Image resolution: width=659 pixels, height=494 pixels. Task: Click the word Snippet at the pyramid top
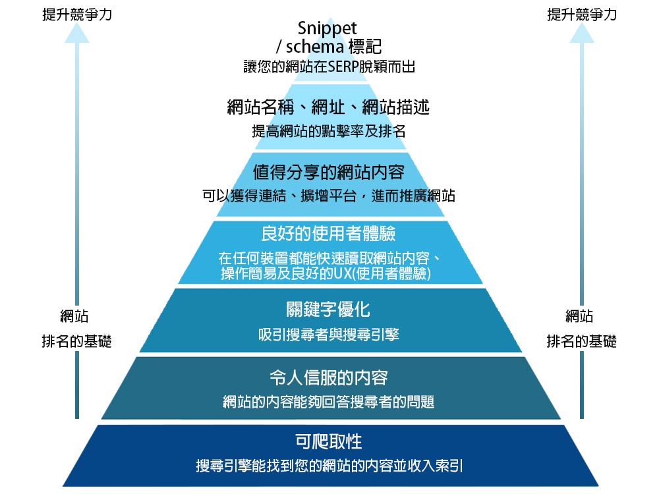click(328, 28)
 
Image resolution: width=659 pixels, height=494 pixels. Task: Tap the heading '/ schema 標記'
click(328, 47)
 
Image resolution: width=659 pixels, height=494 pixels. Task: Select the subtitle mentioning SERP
click(328, 66)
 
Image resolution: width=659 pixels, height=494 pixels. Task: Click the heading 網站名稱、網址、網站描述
click(328, 107)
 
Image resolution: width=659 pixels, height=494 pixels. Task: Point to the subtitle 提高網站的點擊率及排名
click(328, 131)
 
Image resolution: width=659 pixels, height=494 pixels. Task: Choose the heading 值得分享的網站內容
click(328, 173)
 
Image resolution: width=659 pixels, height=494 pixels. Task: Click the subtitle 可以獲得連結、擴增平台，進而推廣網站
click(328, 196)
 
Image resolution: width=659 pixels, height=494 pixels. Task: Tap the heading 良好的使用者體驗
click(328, 234)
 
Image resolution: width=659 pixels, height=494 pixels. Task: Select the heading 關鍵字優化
click(328, 309)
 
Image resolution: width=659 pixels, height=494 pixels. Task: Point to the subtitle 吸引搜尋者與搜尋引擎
click(328, 335)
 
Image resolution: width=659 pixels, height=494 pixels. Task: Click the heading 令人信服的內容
click(328, 377)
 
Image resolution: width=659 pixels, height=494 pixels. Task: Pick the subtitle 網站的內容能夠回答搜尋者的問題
click(328, 402)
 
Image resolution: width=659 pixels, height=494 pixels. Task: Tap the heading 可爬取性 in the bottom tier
click(328, 441)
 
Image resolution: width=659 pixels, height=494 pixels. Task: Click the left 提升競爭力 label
click(76, 14)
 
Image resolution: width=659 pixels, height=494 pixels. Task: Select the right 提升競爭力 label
click(582, 14)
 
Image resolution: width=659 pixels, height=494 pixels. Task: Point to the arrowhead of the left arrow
click(76, 34)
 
